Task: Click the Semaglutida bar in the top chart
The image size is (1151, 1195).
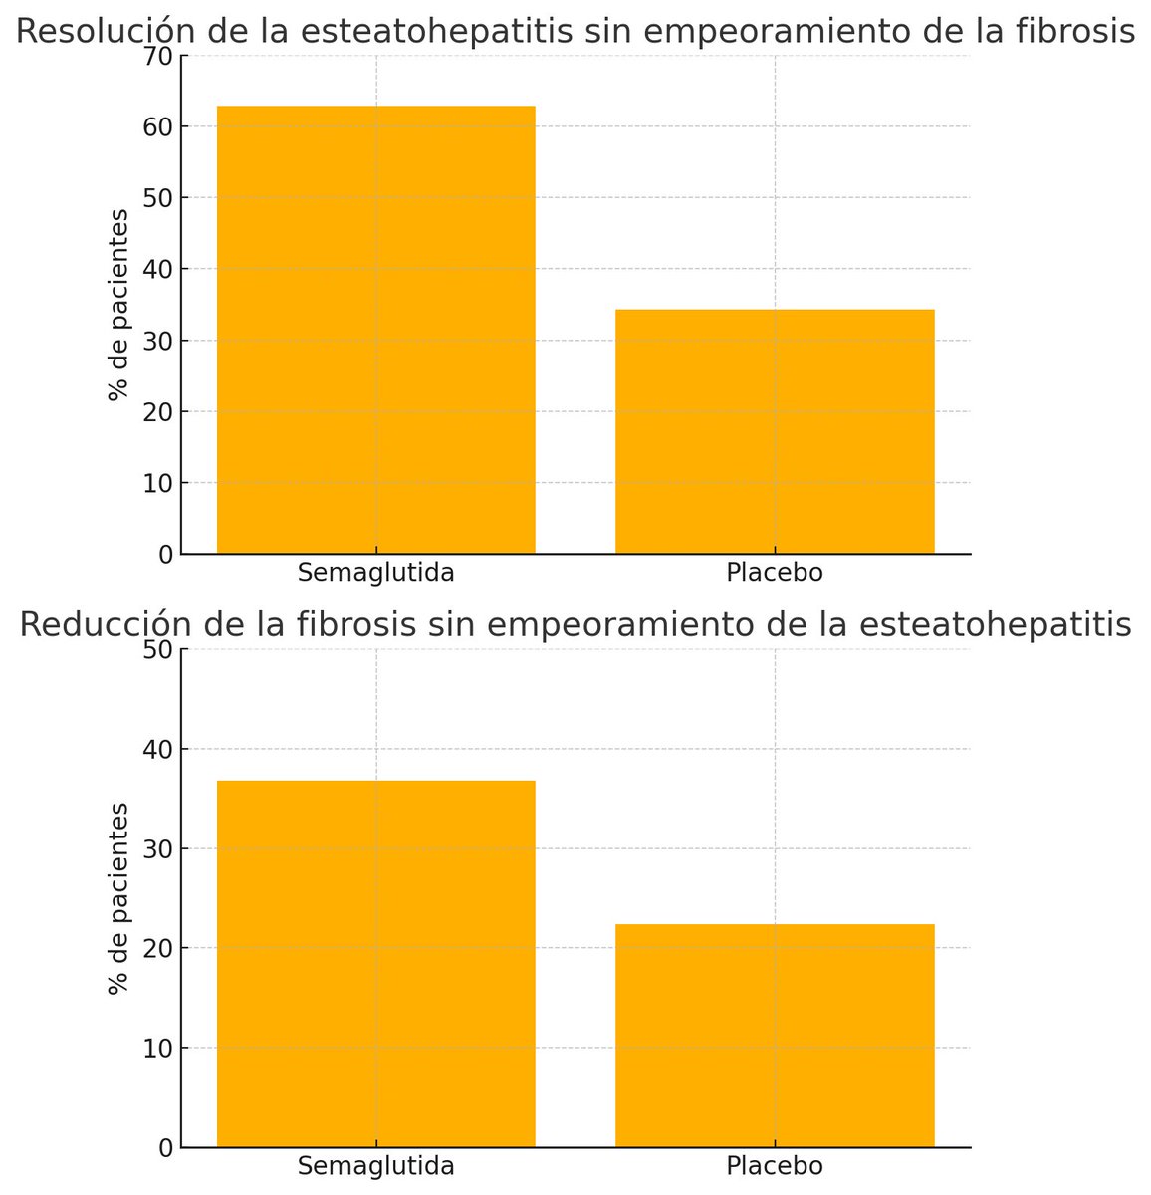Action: tap(376, 329)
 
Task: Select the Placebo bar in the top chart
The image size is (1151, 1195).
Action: tap(775, 431)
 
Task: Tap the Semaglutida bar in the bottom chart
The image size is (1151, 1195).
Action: tap(376, 963)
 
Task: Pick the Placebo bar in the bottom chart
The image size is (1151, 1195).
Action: tap(775, 1036)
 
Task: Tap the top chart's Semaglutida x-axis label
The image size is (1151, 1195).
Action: tap(376, 574)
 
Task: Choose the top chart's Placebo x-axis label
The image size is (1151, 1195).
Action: tap(775, 574)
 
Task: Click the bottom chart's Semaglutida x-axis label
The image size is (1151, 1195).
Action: tap(376, 1166)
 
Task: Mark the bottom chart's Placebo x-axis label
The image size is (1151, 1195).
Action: tap(775, 1166)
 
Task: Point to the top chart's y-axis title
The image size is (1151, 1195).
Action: tap(119, 305)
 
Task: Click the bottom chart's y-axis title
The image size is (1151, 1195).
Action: tap(119, 898)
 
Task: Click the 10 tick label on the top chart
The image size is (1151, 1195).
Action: tap(160, 483)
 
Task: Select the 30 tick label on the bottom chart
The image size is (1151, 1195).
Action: tap(160, 848)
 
